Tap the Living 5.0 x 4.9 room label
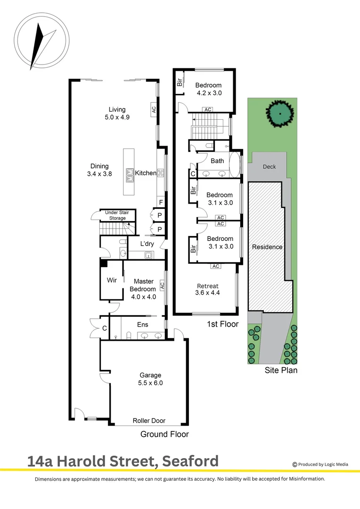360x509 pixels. point(117,114)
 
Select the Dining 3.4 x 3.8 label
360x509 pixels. point(99,170)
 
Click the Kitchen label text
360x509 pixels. point(146,173)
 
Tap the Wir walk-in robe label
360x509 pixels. point(112,280)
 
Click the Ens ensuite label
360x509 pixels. point(143,324)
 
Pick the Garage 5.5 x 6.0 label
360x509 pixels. point(150,379)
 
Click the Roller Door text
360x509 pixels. point(149,421)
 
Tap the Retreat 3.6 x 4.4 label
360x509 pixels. point(208,289)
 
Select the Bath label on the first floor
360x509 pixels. point(217,161)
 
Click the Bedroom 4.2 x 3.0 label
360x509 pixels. point(209,89)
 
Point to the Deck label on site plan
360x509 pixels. point(269,167)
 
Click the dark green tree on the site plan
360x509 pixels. point(280,113)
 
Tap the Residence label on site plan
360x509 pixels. point(267,247)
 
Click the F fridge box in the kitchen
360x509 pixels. point(161,203)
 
